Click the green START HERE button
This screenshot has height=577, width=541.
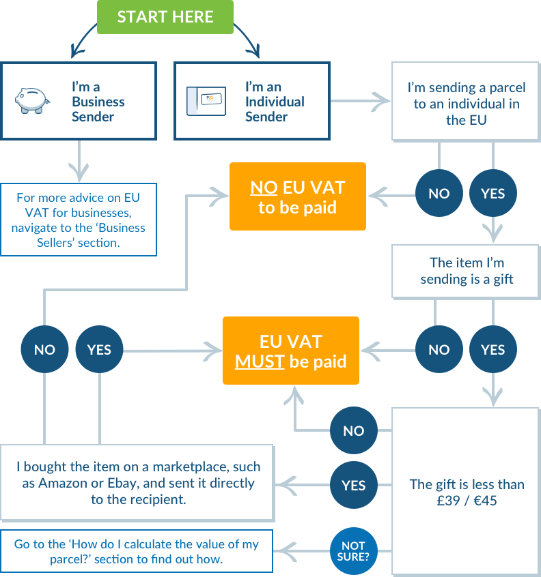pyautogui.click(x=165, y=17)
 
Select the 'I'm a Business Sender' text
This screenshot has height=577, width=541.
pyautogui.click(x=98, y=102)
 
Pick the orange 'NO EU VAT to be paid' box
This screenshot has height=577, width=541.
pyautogui.click(x=297, y=196)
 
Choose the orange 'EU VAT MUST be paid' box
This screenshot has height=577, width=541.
pyautogui.click(x=290, y=351)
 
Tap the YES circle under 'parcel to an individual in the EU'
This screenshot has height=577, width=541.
pyautogui.click(x=493, y=193)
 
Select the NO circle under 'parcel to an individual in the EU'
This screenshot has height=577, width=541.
pyautogui.click(x=439, y=193)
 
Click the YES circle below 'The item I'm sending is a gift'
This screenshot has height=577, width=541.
pyautogui.click(x=493, y=350)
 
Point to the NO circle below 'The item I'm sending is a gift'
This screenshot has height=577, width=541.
pyautogui.click(x=439, y=350)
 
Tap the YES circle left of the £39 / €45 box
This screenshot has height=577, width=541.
pyautogui.click(x=353, y=486)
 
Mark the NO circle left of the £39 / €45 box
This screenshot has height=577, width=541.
pyautogui.click(x=353, y=431)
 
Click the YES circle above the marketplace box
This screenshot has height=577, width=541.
pyautogui.click(x=99, y=350)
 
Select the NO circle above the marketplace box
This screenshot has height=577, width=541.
pyautogui.click(x=44, y=350)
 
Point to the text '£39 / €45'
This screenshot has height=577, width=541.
pyautogui.click(x=467, y=500)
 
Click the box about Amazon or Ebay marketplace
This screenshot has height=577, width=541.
pyautogui.click(x=137, y=483)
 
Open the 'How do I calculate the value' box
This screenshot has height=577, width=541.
pyautogui.click(x=137, y=550)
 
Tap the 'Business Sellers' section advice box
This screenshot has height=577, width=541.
pyautogui.click(x=79, y=220)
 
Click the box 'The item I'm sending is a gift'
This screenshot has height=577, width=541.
pyautogui.click(x=467, y=271)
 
